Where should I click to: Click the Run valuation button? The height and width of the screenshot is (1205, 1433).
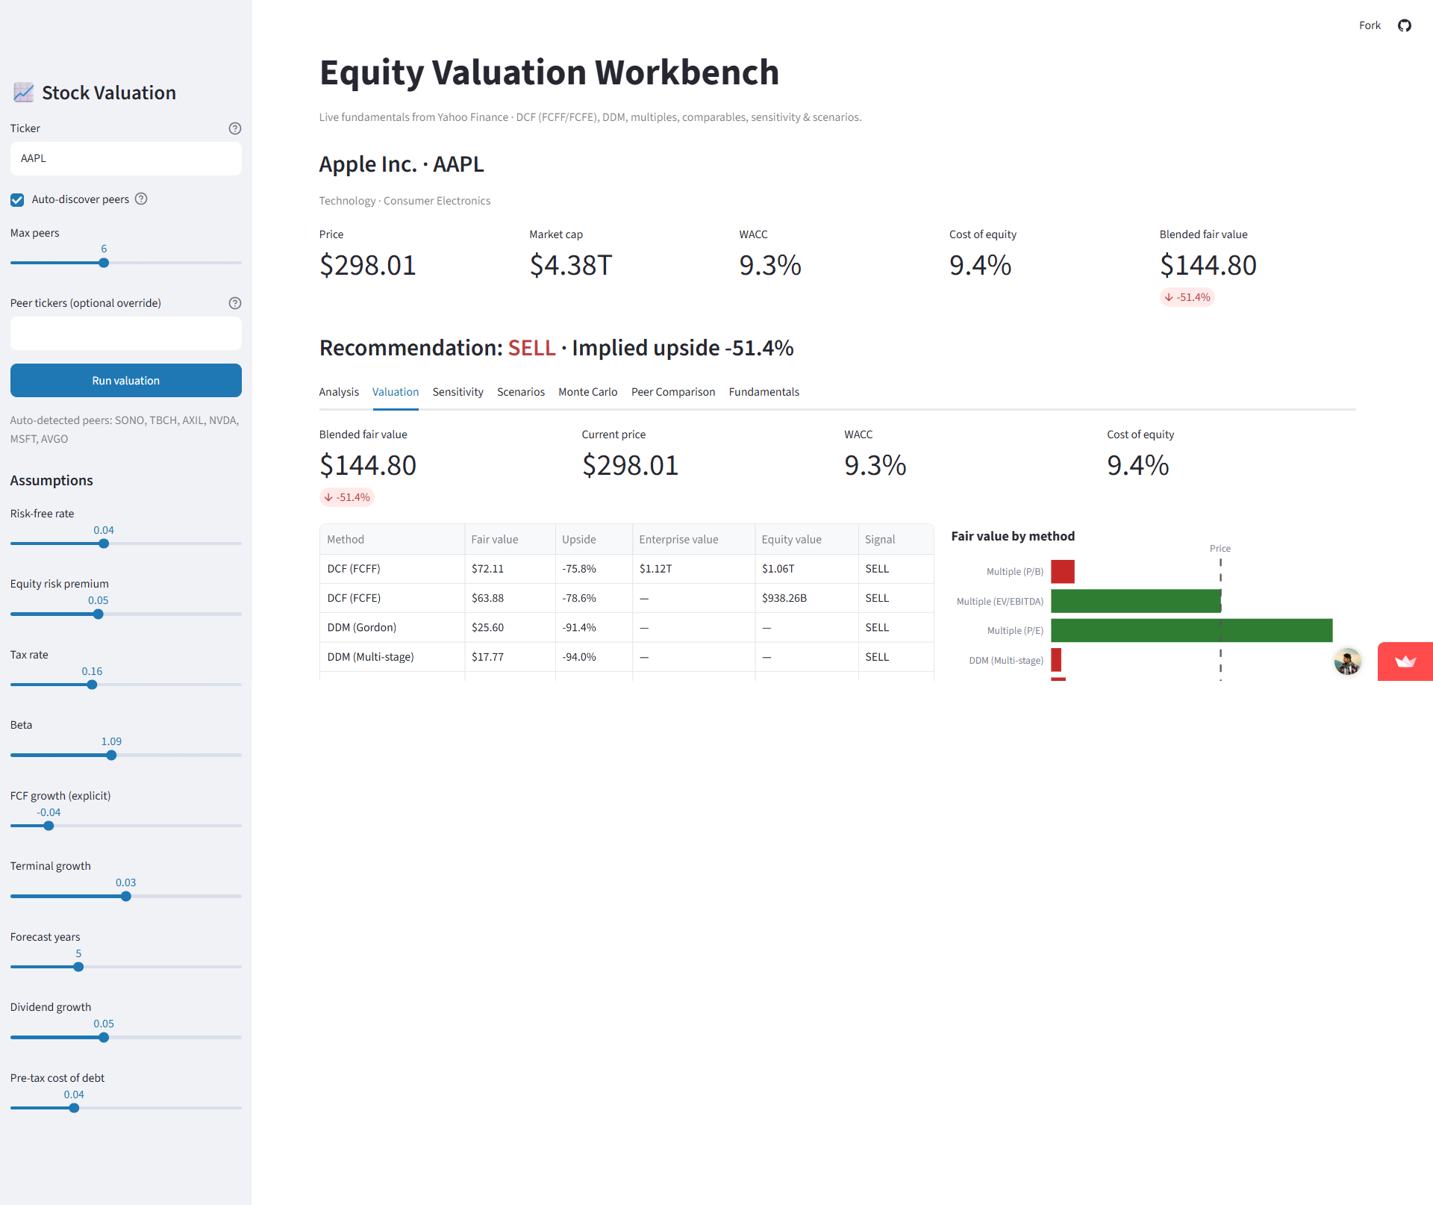(125, 381)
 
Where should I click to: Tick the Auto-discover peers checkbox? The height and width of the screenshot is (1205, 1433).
(17, 200)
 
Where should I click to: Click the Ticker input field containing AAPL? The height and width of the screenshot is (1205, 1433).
(125, 159)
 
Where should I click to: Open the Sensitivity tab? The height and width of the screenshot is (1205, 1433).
(458, 392)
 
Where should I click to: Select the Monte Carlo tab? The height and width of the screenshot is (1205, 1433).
(587, 392)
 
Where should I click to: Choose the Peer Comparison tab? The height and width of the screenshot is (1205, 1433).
(672, 392)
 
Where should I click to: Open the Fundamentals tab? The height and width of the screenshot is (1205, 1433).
(764, 392)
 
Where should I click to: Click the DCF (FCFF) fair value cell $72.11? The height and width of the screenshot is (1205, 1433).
(487, 569)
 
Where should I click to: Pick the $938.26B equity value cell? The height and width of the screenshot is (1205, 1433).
(784, 598)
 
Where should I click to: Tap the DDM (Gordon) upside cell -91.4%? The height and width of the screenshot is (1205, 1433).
(578, 628)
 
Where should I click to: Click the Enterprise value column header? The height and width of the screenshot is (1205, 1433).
(678, 540)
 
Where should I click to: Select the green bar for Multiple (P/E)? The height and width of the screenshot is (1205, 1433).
(1191, 631)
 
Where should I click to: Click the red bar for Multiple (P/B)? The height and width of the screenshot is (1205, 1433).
(1063, 572)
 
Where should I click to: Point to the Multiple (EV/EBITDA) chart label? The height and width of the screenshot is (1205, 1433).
(999, 602)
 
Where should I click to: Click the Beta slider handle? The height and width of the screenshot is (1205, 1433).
(111, 756)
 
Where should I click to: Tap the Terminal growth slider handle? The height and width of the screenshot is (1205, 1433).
(126, 897)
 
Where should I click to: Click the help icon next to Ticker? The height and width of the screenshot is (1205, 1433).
(235, 128)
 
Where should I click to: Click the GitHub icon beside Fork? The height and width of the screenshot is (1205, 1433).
(1405, 25)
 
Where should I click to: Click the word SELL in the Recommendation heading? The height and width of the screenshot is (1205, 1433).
(531, 349)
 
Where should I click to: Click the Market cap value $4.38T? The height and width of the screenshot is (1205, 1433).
(570, 266)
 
